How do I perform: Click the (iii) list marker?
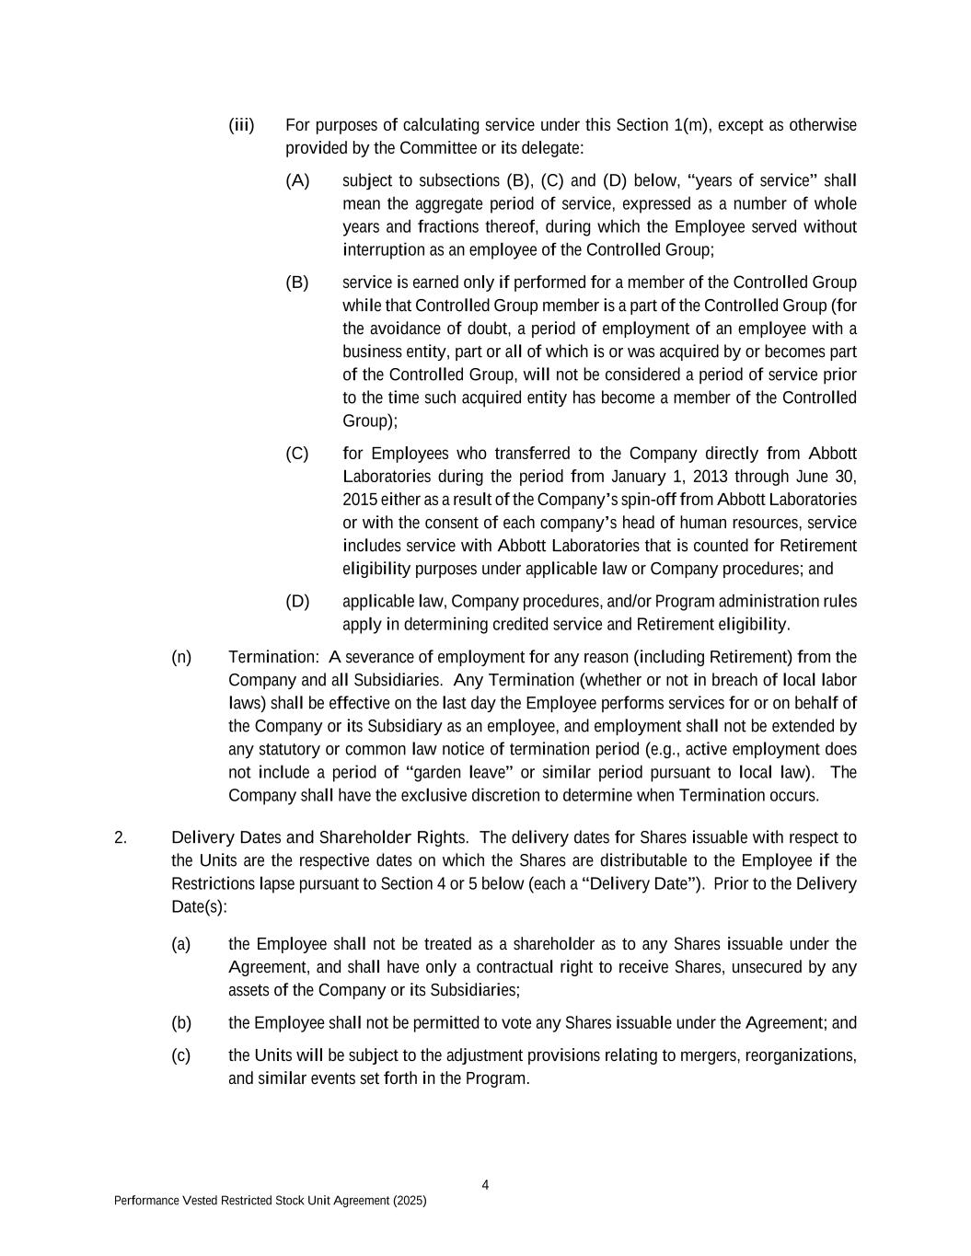pos(241,125)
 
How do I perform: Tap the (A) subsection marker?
pos(297,180)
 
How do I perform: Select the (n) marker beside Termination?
pos(181,657)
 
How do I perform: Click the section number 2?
pos(120,837)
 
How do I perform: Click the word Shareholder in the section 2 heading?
pos(364,837)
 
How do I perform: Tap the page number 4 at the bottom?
pos(485,1184)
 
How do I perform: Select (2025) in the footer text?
pos(410,1201)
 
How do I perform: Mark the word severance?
pos(379,657)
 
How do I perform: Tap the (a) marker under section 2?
pos(181,944)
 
